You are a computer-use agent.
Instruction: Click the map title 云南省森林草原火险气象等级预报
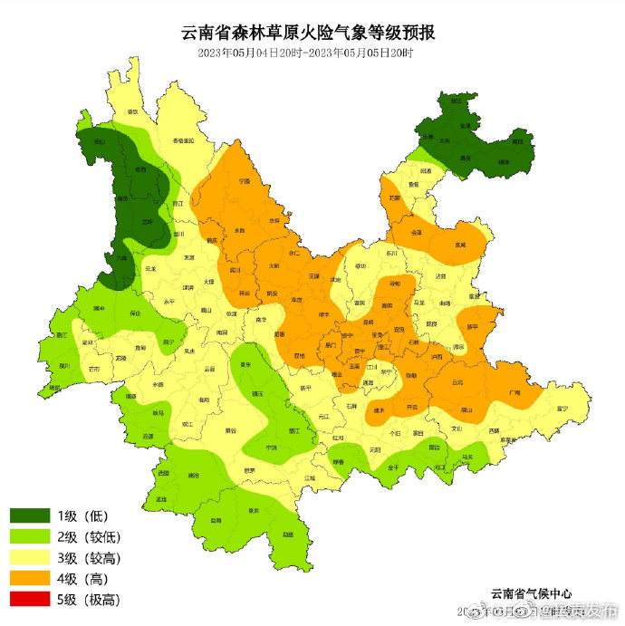click(309, 34)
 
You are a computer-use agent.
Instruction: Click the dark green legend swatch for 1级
click(31, 515)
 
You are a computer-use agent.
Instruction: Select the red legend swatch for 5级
click(31, 599)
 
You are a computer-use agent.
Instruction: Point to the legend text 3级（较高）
click(89, 557)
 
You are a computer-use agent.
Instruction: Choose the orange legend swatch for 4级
click(31, 578)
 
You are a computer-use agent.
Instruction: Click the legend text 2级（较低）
click(89, 536)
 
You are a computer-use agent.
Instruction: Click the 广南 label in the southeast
click(514, 392)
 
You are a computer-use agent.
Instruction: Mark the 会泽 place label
click(417, 232)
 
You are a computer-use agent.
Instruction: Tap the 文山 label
click(457, 429)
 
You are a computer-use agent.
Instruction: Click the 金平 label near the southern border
click(393, 467)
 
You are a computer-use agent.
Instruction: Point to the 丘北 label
click(457, 381)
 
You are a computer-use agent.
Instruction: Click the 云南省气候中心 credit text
click(532, 592)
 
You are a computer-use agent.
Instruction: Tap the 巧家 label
click(394, 197)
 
